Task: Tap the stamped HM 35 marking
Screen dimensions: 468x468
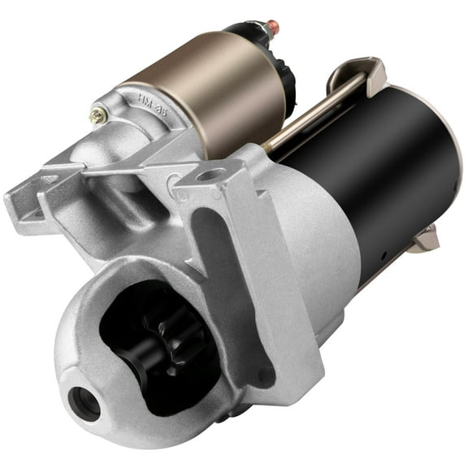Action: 153,105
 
